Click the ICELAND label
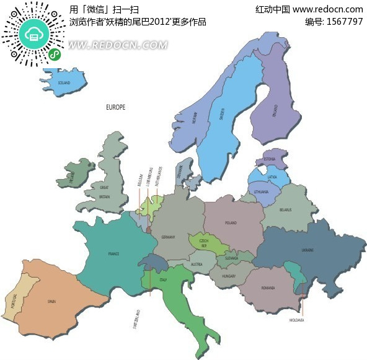tap(64, 82)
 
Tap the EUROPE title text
tap(115, 107)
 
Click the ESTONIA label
tap(269, 159)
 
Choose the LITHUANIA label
tap(262, 192)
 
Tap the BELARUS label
tap(285, 210)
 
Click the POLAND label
tap(231, 222)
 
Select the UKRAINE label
tap(307, 250)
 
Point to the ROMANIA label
tap(268, 289)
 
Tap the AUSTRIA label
tap(197, 265)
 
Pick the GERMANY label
tap(168, 237)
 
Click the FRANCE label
tap(113, 254)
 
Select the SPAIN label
tap(51, 302)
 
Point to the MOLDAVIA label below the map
tap(297, 320)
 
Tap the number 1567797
tap(343, 22)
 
